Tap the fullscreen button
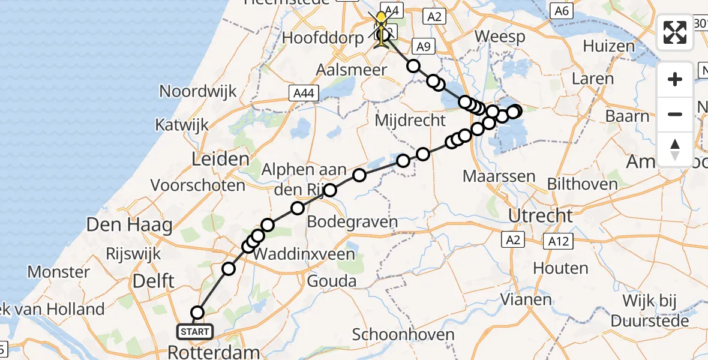click(676, 32)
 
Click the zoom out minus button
click(676, 114)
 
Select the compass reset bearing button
click(676, 149)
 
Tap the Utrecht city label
click(541, 215)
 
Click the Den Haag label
click(130, 226)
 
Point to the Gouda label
click(331, 281)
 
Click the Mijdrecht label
click(410, 121)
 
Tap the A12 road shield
click(557, 242)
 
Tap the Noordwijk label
click(198, 92)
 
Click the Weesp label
click(500, 36)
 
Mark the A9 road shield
click(424, 46)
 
